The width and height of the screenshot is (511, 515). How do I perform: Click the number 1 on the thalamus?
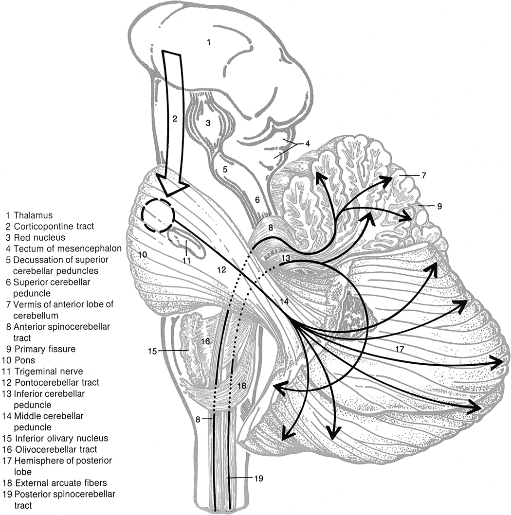208,42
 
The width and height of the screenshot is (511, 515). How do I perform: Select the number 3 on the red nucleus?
207,123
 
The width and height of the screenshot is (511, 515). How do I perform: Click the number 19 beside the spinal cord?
258,479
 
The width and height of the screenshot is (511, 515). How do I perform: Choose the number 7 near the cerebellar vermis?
424,175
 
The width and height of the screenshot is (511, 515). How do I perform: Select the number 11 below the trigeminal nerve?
185,260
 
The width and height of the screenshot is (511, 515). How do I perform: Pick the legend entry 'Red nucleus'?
39,237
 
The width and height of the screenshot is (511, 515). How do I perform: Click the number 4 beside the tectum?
308,144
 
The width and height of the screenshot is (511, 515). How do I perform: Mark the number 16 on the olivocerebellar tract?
205,341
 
